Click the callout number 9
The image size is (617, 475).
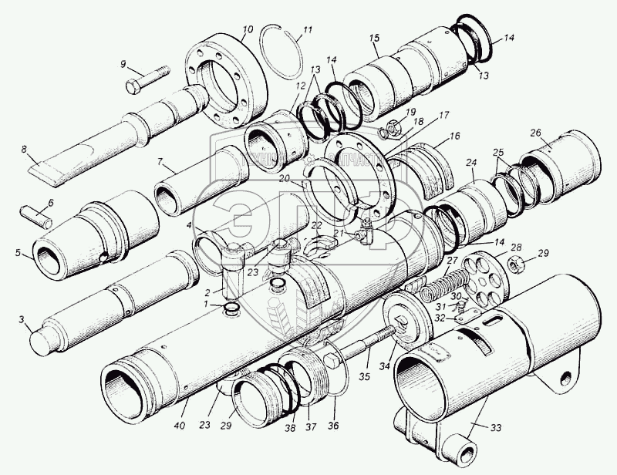(x=122, y=64)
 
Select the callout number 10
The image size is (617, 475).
(x=247, y=31)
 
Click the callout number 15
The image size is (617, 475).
(x=375, y=38)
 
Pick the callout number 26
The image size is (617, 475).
(x=535, y=133)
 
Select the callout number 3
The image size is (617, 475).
(x=22, y=319)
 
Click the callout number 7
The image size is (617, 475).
(x=160, y=162)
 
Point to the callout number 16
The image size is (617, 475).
(x=454, y=136)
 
